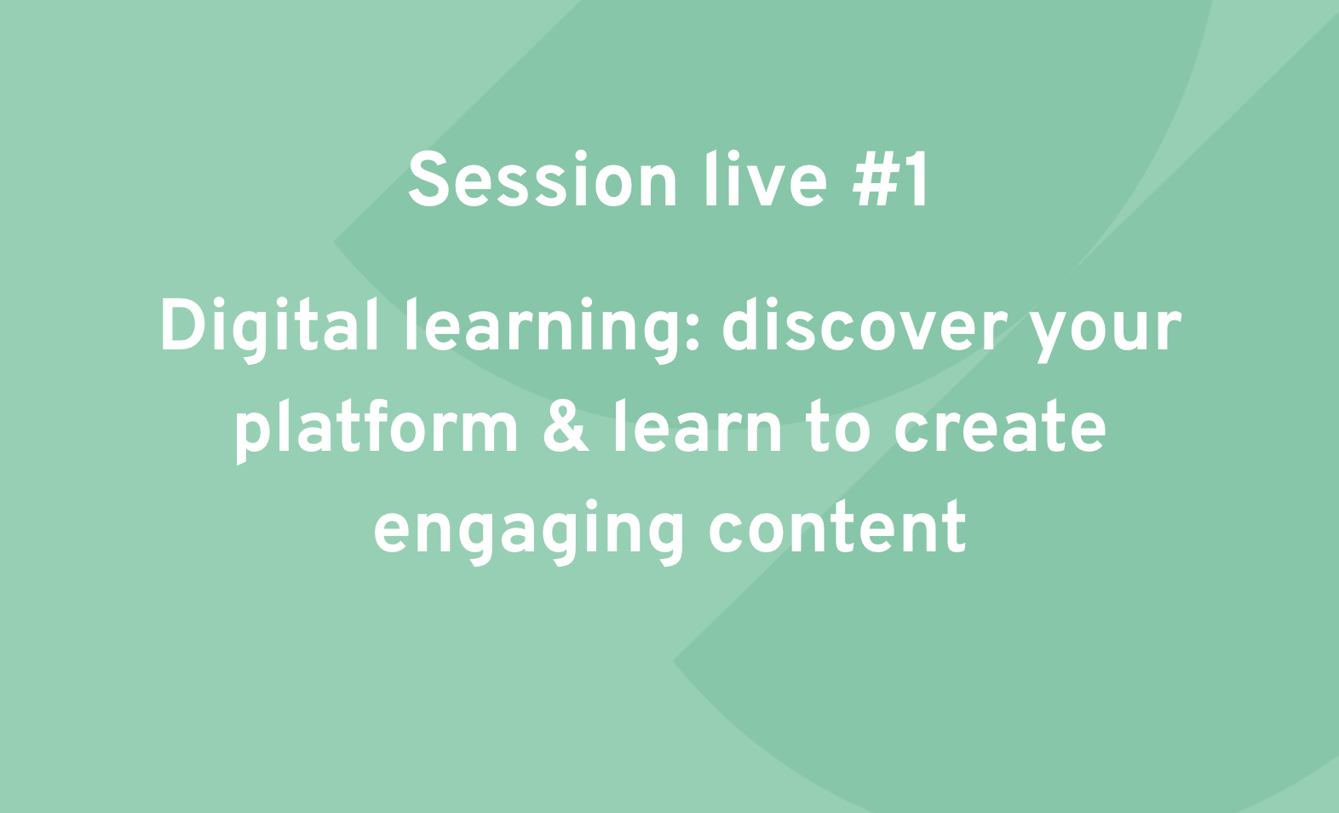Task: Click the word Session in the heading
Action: point(543,180)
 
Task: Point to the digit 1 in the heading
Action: point(918,180)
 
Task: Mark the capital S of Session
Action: point(428,180)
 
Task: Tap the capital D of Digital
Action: point(185,326)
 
